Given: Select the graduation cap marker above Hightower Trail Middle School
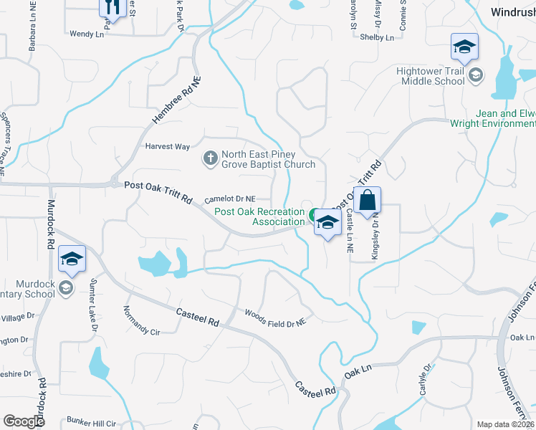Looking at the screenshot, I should pos(464,47).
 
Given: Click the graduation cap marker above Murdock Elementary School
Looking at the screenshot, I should pos(72,259).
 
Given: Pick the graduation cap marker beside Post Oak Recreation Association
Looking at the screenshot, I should pos(327,223).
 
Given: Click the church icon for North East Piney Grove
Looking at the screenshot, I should pos(210,157).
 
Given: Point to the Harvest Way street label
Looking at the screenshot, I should pos(168,146).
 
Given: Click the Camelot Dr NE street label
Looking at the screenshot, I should pos(230,200).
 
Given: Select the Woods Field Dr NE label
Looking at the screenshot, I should pos(275,319).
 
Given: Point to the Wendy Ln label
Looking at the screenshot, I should pos(87,34).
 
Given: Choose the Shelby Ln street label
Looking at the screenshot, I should pos(378,37).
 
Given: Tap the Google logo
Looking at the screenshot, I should pos(24,421).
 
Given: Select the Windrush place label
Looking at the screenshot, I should pos(513,12).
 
